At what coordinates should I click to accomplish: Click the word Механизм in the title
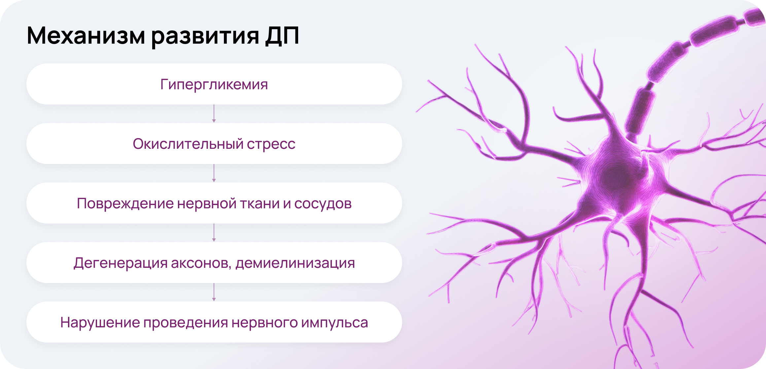(86, 35)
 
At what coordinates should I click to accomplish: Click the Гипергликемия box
(214, 84)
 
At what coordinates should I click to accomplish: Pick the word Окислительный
(188, 144)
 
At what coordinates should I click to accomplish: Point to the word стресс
(271, 145)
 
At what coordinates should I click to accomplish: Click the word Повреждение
(125, 204)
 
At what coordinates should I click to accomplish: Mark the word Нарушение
(100, 323)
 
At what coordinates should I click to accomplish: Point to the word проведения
(186, 323)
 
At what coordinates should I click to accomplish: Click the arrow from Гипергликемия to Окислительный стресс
(214, 114)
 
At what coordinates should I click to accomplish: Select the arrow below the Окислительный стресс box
(214, 173)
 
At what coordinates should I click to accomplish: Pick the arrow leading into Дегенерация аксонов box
(214, 233)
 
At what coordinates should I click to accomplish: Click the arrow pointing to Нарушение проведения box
(214, 292)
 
